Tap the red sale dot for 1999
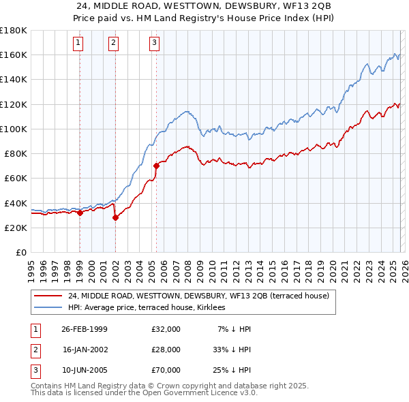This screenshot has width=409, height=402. [x=80, y=213]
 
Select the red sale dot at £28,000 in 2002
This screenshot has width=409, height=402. [x=115, y=217]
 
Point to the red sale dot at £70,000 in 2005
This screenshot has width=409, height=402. [x=156, y=166]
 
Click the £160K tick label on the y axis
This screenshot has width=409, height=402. [x=13, y=55]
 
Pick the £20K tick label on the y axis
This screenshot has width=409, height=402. [x=15, y=228]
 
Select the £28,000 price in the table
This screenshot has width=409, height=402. [x=166, y=349]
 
